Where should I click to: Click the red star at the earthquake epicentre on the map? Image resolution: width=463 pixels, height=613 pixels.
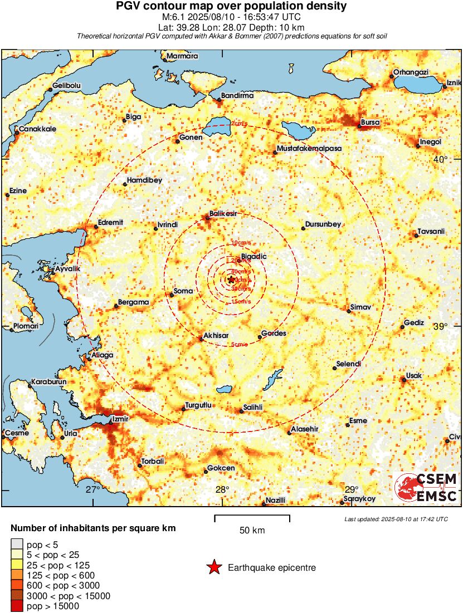pyautogui.click(x=231, y=279)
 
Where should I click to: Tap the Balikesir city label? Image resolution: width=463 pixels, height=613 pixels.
pyautogui.click(x=223, y=213)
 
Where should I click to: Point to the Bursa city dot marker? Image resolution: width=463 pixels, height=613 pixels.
pyautogui.click(x=359, y=126)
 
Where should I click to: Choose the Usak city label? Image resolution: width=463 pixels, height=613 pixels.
pyautogui.click(x=413, y=376)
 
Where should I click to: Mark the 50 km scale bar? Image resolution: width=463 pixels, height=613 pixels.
pyautogui.click(x=252, y=518)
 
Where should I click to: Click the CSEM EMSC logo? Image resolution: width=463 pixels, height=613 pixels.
pyautogui.click(x=426, y=487)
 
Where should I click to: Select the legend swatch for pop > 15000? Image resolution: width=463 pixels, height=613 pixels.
pyautogui.click(x=17, y=606)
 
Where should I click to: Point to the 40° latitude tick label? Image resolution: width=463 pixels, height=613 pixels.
pyautogui.click(x=441, y=160)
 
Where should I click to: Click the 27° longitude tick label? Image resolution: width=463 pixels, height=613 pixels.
pyautogui.click(x=92, y=489)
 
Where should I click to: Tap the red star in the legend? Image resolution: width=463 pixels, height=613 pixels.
pyautogui.click(x=213, y=567)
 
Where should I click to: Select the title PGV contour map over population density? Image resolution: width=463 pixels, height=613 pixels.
pyautogui.click(x=231, y=7)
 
